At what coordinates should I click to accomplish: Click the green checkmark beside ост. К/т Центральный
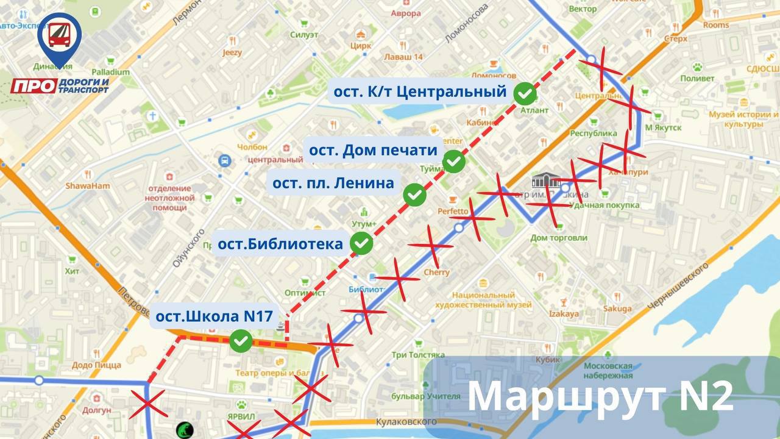tap(525, 93)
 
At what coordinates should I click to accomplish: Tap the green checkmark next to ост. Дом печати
tap(453, 161)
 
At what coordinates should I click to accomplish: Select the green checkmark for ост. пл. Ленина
tap(415, 194)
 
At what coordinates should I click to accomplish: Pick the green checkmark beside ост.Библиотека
tap(362, 243)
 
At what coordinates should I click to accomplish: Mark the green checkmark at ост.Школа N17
tap(241, 341)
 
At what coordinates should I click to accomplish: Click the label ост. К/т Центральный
tap(420, 92)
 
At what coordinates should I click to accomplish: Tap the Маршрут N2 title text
tap(600, 397)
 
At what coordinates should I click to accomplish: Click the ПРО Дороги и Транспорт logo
tap(60, 58)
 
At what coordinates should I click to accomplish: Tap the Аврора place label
tap(406, 13)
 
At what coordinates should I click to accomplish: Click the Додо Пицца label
tap(96, 365)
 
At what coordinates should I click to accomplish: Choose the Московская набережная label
tap(608, 370)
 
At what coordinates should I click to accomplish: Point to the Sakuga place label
tap(617, 309)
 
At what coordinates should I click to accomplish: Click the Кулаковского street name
tap(407, 422)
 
